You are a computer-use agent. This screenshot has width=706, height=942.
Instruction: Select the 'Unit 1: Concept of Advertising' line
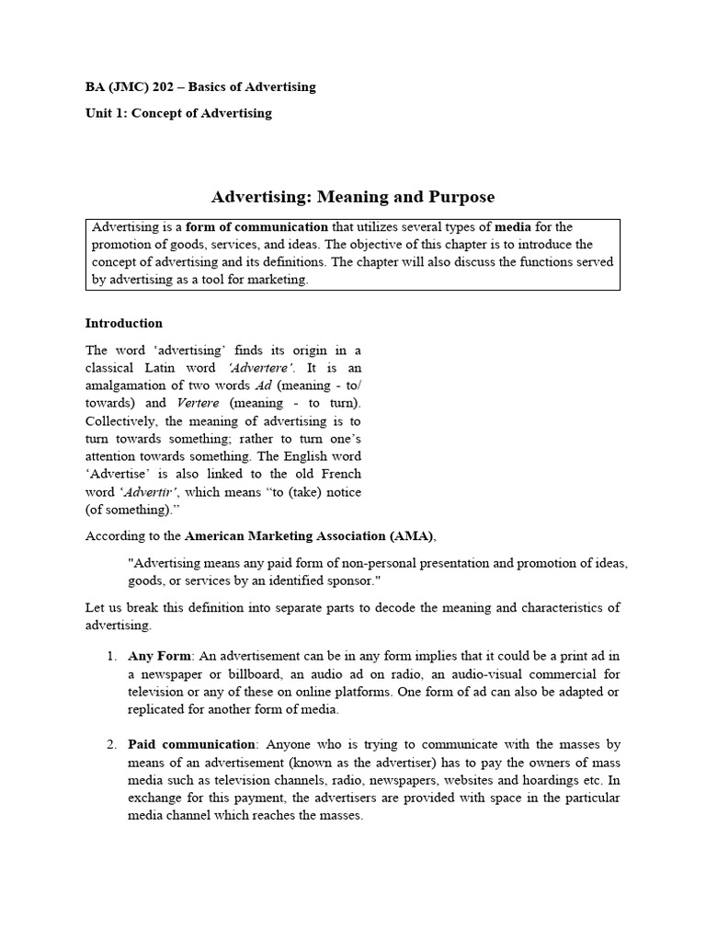(178, 113)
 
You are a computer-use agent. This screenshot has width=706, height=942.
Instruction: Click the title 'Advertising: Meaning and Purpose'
(353, 197)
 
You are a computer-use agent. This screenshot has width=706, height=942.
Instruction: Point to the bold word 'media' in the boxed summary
(513, 226)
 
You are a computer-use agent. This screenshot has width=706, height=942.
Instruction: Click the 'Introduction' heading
(124, 323)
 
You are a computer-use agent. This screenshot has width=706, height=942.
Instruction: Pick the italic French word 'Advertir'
(150, 492)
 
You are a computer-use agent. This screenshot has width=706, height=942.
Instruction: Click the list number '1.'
(110, 656)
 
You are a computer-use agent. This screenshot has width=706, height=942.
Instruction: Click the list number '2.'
(110, 744)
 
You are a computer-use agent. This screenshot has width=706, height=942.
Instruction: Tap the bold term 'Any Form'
(160, 656)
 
